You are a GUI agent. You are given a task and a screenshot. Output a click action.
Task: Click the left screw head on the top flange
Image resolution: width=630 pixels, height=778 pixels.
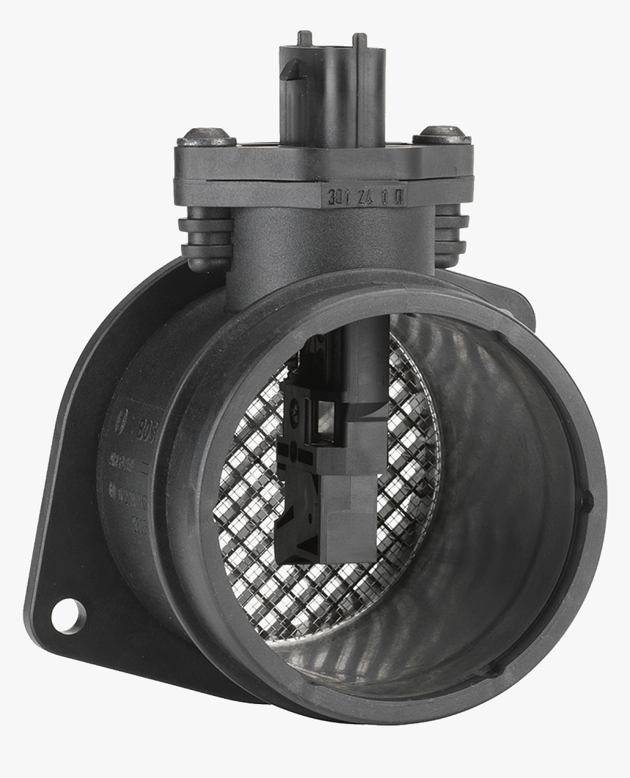pyautogui.click(x=207, y=136)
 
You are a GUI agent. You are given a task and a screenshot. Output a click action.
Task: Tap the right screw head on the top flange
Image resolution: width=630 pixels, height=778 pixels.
pyautogui.click(x=441, y=135)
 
